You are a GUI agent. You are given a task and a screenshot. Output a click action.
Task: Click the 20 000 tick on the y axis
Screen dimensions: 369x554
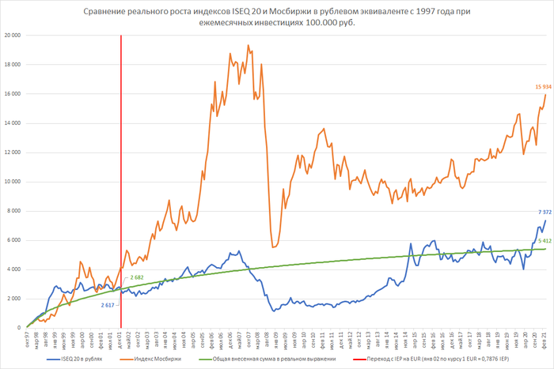pos(12,36)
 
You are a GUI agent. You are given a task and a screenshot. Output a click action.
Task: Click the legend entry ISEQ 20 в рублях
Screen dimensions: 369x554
pos(84,360)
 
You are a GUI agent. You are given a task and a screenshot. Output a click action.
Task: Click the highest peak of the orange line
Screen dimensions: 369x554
pos(249,45)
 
